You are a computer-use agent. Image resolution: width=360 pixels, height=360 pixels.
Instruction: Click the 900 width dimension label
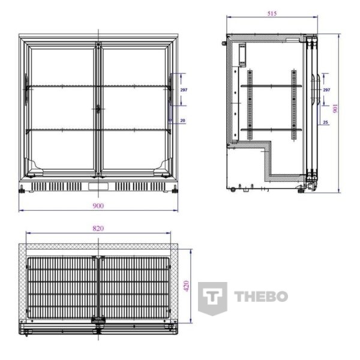98,206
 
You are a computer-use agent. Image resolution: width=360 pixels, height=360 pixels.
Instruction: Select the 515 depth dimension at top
272,14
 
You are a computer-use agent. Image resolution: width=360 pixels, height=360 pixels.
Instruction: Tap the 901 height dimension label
335,109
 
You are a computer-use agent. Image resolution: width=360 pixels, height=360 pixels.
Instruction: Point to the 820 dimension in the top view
98,228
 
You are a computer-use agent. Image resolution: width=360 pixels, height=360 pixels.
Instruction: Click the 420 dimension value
187,286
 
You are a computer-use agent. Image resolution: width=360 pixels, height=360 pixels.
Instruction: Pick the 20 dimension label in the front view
183,121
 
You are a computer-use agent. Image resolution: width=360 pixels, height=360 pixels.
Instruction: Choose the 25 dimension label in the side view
326,122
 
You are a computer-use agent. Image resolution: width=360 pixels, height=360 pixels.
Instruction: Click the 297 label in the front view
184,90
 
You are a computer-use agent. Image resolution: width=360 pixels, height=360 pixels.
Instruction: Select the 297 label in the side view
326,90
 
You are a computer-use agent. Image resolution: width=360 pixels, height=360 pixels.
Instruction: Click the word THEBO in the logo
261,296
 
